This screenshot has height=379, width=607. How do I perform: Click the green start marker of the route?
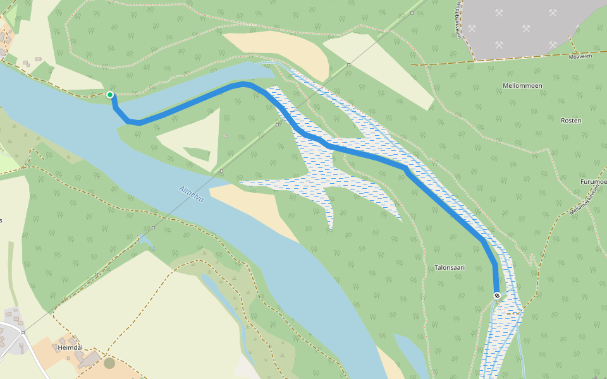(x=110, y=95)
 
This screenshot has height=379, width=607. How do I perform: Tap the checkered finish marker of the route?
(x=497, y=296)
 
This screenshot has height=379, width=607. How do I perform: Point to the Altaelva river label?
(x=192, y=193)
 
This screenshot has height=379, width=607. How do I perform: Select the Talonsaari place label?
(x=450, y=267)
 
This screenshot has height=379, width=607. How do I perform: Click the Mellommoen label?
(x=522, y=85)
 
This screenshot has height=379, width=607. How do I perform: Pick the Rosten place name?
(x=571, y=120)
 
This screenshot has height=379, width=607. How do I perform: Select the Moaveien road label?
(x=579, y=56)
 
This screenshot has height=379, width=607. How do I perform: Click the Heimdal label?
(x=70, y=348)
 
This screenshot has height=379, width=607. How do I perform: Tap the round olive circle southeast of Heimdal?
(x=109, y=363)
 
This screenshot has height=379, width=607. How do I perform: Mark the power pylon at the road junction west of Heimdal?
(x=23, y=332)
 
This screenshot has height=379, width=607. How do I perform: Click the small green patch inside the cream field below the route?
(x=197, y=153)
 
